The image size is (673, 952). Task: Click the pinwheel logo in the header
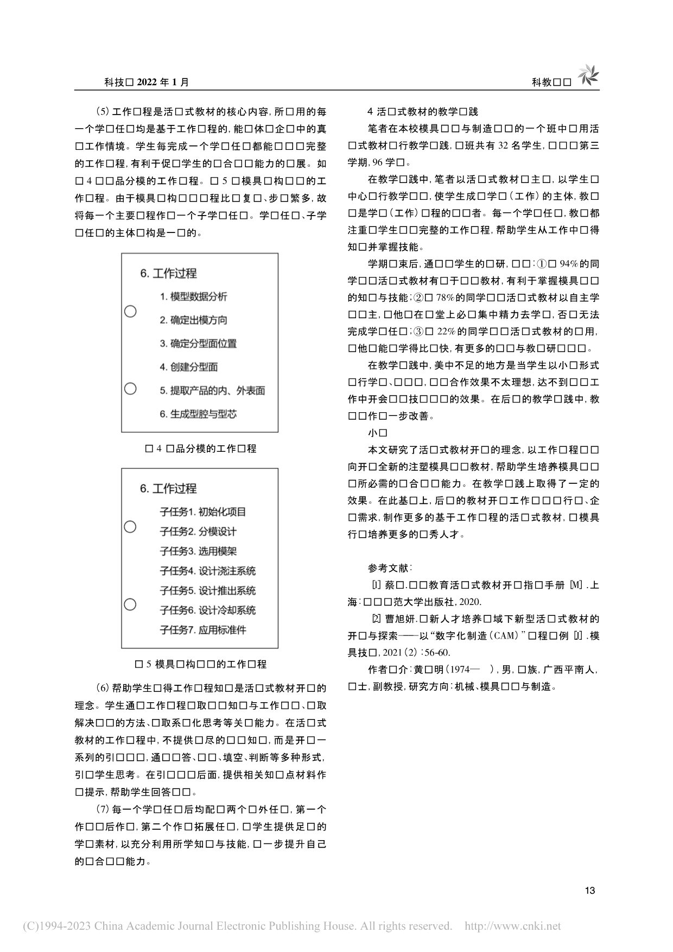pyautogui.click(x=588, y=75)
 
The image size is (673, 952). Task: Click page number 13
pyautogui.click(x=590, y=890)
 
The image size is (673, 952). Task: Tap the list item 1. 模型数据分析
pyautogui.click(x=193, y=297)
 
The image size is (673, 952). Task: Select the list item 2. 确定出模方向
pyautogui.click(x=193, y=320)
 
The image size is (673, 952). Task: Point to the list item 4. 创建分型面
pyautogui.click(x=188, y=367)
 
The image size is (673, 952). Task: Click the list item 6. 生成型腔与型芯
pyautogui.click(x=198, y=414)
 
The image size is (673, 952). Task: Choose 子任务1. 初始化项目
pyautogui.click(x=202, y=512)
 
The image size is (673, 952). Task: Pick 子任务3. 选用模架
pyautogui.click(x=198, y=551)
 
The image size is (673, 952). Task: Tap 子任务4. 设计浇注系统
pyautogui.click(x=207, y=571)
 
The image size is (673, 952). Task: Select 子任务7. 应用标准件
pyautogui.click(x=202, y=630)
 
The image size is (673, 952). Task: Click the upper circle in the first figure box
pyautogui.click(x=130, y=312)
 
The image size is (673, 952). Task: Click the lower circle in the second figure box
pyautogui.click(x=130, y=604)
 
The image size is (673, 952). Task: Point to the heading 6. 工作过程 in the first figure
pyautogui.click(x=168, y=273)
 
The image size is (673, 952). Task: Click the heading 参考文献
pyautogui.click(x=390, y=568)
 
